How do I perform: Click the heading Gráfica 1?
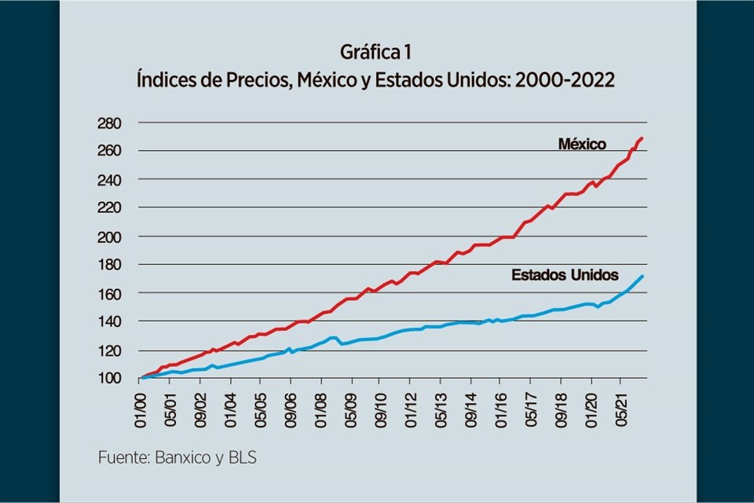coord(375,53)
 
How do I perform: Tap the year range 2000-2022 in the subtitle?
coord(563,80)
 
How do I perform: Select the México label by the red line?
coord(582,144)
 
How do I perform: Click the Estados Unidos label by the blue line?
coord(565,275)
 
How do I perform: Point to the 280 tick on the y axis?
coord(109,123)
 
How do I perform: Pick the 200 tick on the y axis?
coord(109,236)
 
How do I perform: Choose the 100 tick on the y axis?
coord(109,378)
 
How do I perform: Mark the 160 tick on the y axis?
coord(109,293)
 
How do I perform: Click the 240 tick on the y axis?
coord(109,179)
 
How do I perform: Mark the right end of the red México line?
coord(642,138)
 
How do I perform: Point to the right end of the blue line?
coord(644,276)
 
